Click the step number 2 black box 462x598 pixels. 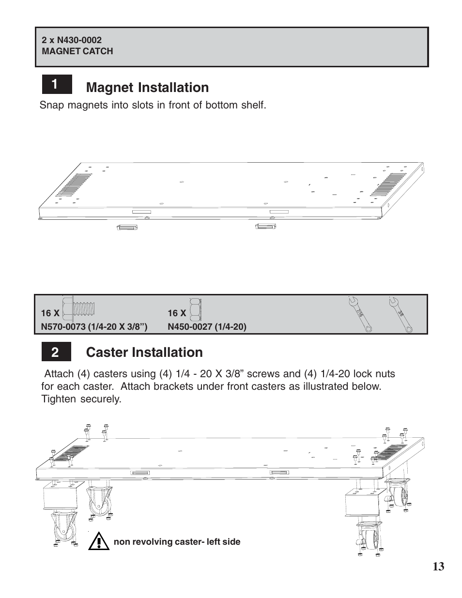pyautogui.click(x=56, y=353)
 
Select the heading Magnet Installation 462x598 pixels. pyautogui.click(x=147, y=88)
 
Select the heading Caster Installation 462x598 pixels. pyautogui.click(x=144, y=353)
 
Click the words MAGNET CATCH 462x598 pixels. pyautogui.click(x=77, y=51)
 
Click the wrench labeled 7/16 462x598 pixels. pyautogui.click(x=360, y=314)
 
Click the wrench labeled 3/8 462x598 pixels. pyautogui.click(x=400, y=314)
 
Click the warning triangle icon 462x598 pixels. pyautogui.click(x=99, y=540)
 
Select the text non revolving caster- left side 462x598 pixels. pyautogui.click(x=177, y=542)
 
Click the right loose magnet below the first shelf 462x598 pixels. pyautogui.click(x=265, y=226)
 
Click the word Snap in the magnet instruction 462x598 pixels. pyautogui.click(x=50, y=105)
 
